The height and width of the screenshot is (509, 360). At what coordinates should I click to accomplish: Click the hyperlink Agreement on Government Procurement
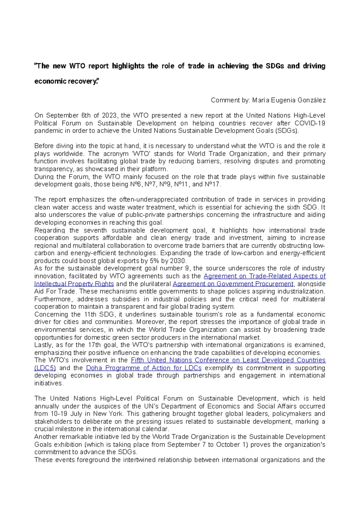pos(233,284)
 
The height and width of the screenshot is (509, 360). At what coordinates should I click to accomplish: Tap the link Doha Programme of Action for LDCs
pos(144,368)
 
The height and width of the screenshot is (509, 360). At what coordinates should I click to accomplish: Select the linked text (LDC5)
pos(45,368)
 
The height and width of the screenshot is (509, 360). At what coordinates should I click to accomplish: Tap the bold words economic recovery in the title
pos(66,81)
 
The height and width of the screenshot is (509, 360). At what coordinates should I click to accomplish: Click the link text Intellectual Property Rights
pos(74,284)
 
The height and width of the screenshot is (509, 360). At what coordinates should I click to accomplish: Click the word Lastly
pos(44,345)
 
